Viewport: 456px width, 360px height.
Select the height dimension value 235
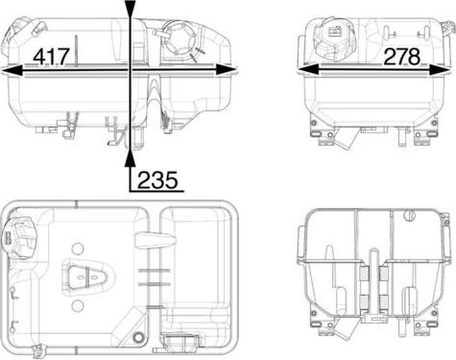pos(157,179)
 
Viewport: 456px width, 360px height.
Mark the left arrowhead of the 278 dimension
pos(304,69)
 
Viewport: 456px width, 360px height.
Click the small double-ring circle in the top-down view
pos(137,338)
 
